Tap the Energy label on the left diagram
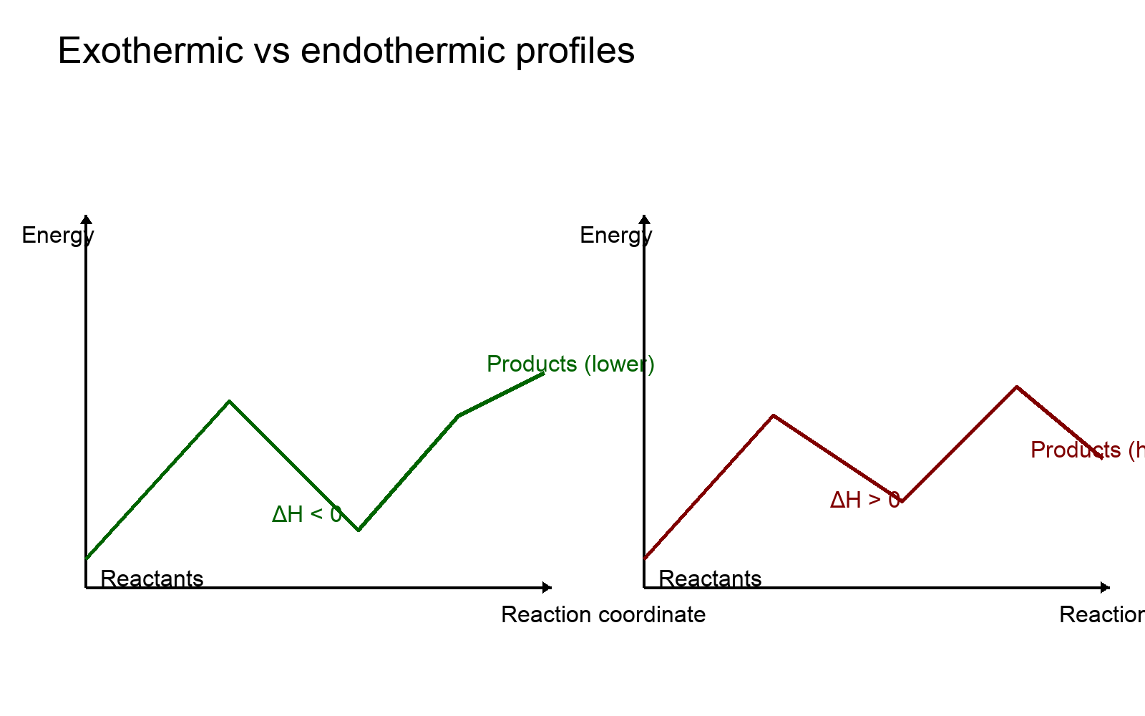[57, 236]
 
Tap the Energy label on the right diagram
[615, 236]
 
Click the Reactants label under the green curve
[152, 579]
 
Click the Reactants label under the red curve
[710, 579]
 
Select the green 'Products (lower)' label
[570, 364]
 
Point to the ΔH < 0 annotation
[307, 514]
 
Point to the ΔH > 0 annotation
[864, 500]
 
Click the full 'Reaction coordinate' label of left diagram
[603, 615]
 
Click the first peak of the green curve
[229, 401]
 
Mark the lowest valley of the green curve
[359, 530]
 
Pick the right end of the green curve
[544, 373]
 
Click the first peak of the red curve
[774, 415]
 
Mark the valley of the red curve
[902, 501]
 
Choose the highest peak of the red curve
[1016, 387]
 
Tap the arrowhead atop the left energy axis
[86, 219]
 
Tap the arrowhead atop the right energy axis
[644, 219]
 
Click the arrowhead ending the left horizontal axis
[547, 588]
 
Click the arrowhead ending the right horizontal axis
[1106, 588]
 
